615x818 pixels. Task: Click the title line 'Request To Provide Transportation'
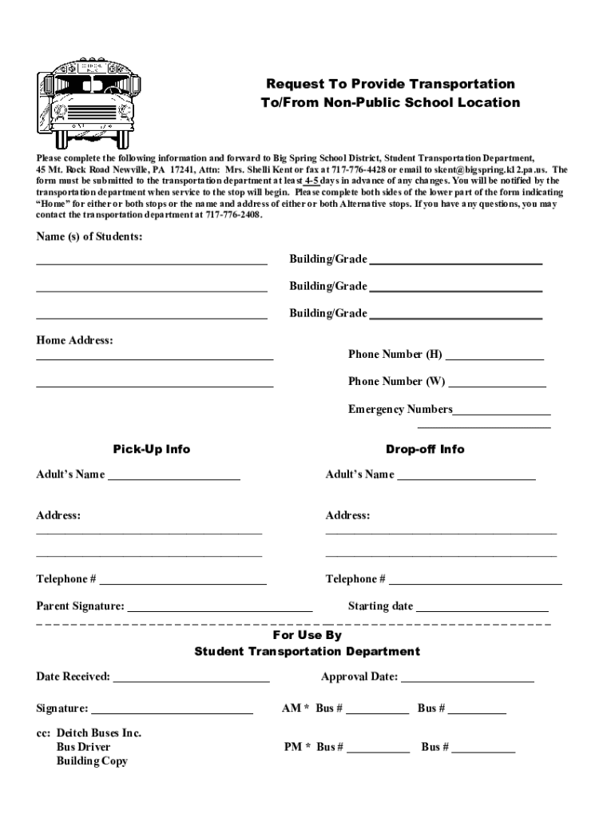[x=390, y=84]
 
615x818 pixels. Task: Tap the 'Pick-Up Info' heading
[x=151, y=449]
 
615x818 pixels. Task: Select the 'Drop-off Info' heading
[x=424, y=449]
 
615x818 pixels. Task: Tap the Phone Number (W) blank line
[x=497, y=386]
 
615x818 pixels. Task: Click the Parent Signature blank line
[x=220, y=610]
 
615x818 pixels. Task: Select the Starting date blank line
[x=482, y=610]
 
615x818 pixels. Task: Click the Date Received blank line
[x=192, y=681]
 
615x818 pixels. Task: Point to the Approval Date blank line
[x=467, y=681]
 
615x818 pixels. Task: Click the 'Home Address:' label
[x=75, y=341]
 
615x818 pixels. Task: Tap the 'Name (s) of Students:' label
[x=89, y=237]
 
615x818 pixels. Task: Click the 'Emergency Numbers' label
[x=400, y=410]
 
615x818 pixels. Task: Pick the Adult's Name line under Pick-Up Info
[x=173, y=479]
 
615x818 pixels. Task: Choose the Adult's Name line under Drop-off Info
[x=466, y=479]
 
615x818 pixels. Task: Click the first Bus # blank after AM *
[x=377, y=712]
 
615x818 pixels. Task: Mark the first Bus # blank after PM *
[x=378, y=752]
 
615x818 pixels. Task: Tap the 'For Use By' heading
[x=307, y=635]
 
